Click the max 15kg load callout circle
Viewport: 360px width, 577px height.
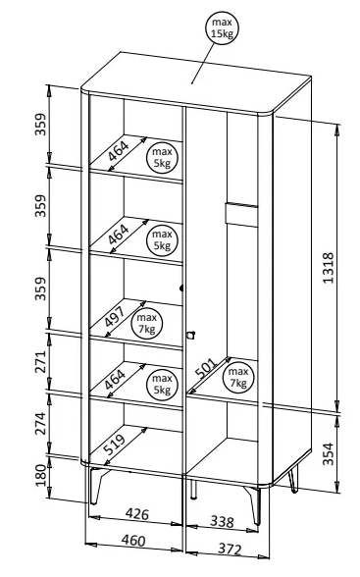pyautogui.click(x=222, y=27)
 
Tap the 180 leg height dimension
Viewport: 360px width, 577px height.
pyautogui.click(x=41, y=475)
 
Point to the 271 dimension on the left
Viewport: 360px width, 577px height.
pyautogui.click(x=40, y=362)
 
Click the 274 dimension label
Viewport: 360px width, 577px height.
pyautogui.click(x=40, y=424)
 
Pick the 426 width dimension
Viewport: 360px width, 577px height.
pyautogui.click(x=137, y=514)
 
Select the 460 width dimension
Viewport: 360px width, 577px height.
pyautogui.click(x=133, y=540)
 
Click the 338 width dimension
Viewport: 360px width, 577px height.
pyautogui.click(x=222, y=521)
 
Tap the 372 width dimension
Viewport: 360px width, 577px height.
pyautogui.click(x=230, y=549)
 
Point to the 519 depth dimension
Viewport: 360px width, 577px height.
pyautogui.click(x=115, y=445)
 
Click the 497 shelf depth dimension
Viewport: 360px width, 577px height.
pyautogui.click(x=115, y=316)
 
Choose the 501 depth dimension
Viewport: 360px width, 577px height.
pyautogui.click(x=206, y=369)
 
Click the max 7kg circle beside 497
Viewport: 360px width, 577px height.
pyautogui.click(x=147, y=324)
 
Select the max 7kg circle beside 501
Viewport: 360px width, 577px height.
pyautogui.click(x=238, y=378)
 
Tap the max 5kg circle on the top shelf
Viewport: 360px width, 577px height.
pyautogui.click(x=162, y=157)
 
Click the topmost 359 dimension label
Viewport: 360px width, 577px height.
pyautogui.click(x=40, y=125)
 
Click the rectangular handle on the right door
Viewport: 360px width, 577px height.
pyautogui.click(x=241, y=214)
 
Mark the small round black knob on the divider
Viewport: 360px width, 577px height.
pyautogui.click(x=181, y=288)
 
